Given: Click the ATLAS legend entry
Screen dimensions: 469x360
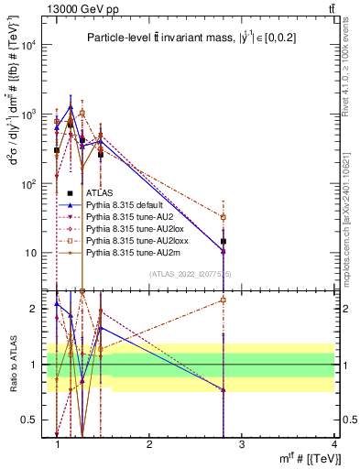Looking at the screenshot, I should click(x=98, y=192).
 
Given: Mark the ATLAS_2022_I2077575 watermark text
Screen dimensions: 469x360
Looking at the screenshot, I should click(x=191, y=273).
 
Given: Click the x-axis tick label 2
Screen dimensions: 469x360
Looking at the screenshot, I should click(x=149, y=443).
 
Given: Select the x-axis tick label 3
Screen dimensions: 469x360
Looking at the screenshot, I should click(x=242, y=443).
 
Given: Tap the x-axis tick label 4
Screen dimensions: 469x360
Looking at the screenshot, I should click(x=333, y=443).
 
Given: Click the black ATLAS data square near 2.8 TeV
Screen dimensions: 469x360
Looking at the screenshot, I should click(x=224, y=241).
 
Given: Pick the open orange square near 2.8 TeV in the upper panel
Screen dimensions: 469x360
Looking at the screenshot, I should click(x=224, y=217).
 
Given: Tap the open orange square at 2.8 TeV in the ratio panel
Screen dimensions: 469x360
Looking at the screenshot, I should click(x=224, y=300).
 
